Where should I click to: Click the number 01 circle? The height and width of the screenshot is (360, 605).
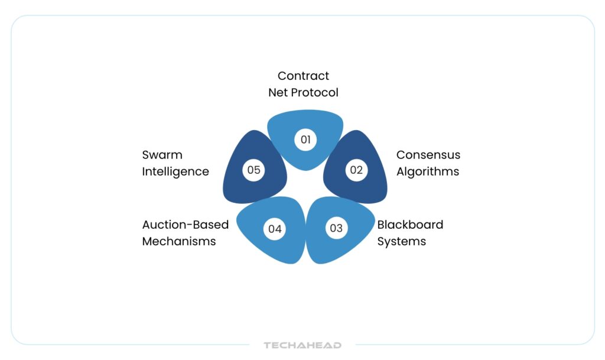tap(305, 140)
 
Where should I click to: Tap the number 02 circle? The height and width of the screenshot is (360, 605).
tap(356, 170)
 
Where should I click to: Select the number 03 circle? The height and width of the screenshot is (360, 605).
tap(336, 228)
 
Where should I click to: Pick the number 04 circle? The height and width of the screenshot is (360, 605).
tap(275, 228)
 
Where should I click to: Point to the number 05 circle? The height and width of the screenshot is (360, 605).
tap(254, 170)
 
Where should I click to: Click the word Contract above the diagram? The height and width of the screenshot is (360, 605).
tap(303, 76)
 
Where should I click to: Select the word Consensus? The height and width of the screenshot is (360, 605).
tap(428, 155)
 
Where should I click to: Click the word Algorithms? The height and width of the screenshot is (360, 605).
tap(427, 171)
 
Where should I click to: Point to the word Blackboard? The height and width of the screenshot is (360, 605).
tap(410, 225)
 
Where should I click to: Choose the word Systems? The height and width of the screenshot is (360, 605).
tap(401, 241)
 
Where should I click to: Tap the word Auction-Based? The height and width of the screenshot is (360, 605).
tap(185, 225)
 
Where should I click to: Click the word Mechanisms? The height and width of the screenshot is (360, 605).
tap(178, 241)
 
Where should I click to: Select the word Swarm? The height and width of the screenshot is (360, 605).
tap(162, 155)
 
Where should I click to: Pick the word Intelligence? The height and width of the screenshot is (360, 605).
tap(175, 171)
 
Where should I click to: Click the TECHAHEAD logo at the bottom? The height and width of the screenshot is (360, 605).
tap(302, 345)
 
